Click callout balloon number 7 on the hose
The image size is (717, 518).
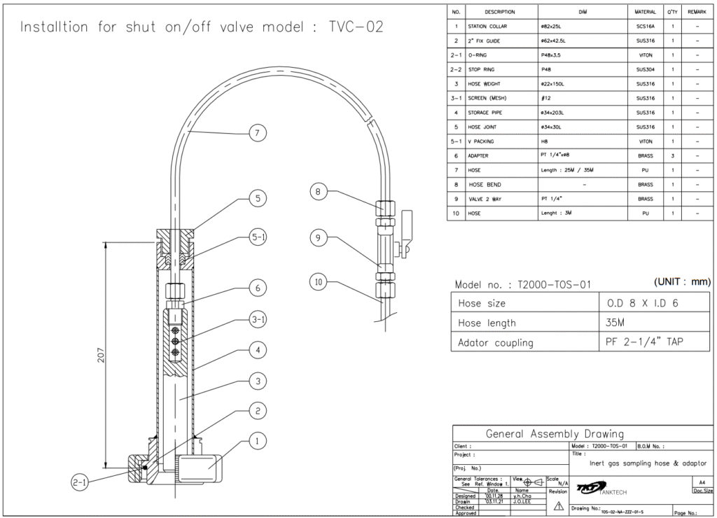pyautogui.click(x=259, y=132)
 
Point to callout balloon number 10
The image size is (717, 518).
pyautogui.click(x=319, y=282)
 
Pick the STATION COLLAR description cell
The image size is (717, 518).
pyautogui.click(x=491, y=27)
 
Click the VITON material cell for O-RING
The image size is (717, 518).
pyautogui.click(x=645, y=55)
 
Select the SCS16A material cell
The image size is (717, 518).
pyautogui.click(x=645, y=27)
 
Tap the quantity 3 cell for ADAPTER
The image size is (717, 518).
pyautogui.click(x=672, y=156)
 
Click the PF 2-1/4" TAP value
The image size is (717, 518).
pyautogui.click(x=644, y=342)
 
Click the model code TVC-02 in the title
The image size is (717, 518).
pyautogui.click(x=356, y=27)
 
